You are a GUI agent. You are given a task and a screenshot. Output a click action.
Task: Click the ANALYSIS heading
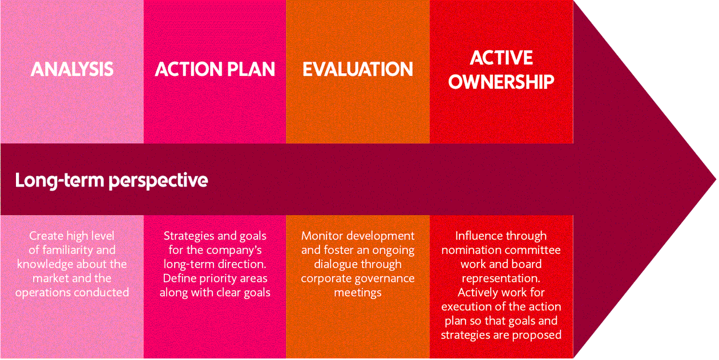tap(72, 69)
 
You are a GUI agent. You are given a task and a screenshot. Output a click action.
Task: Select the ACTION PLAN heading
tap(215, 69)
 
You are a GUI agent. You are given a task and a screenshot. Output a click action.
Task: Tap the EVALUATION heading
tap(358, 69)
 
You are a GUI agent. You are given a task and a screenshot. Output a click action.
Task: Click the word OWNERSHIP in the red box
tap(501, 82)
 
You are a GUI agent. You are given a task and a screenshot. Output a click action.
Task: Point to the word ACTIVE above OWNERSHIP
tap(501, 58)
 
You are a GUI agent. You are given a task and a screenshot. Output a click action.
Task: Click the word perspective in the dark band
tap(158, 181)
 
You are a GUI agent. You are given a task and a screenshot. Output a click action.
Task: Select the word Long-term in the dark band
tap(60, 180)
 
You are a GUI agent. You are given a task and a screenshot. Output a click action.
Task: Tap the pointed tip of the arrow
tap(716, 179)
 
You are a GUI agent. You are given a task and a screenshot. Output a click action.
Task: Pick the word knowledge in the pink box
tap(45, 264)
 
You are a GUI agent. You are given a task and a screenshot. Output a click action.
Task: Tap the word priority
tap(217, 278)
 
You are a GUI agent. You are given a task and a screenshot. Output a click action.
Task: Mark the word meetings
tap(358, 293)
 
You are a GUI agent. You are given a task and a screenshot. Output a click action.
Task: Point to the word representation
tap(501, 278)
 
